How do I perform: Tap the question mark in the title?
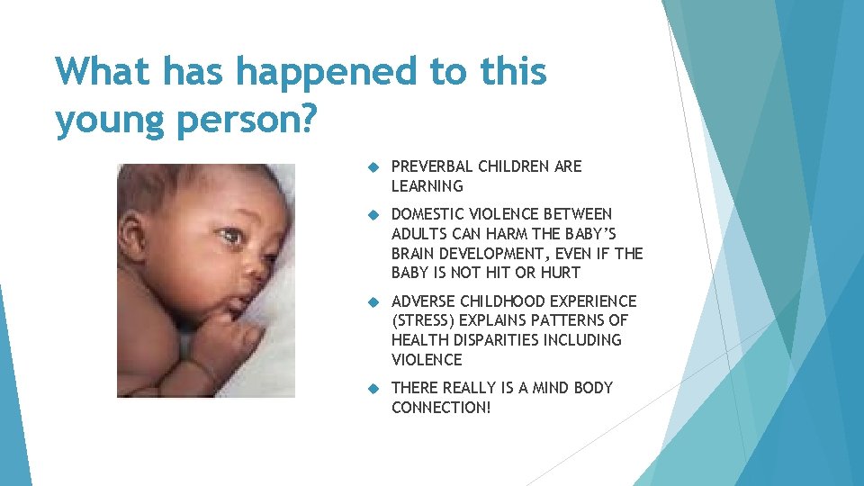click(x=305, y=118)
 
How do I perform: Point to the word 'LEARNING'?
click(x=427, y=186)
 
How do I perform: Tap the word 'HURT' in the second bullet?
click(x=561, y=273)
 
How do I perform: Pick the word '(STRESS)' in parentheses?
click(x=424, y=320)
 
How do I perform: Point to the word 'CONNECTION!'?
click(x=442, y=408)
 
